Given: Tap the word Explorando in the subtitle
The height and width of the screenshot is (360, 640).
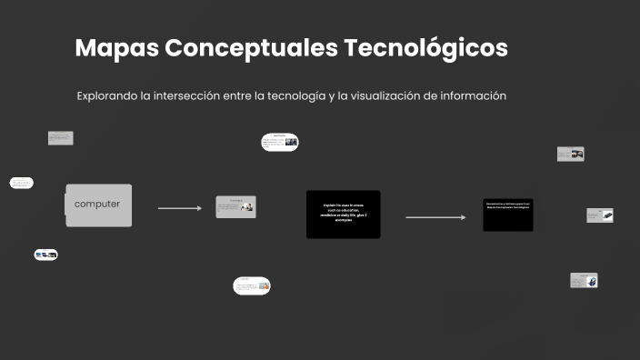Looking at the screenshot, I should (107, 95).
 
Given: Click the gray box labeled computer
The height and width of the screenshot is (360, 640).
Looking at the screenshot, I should (98, 205).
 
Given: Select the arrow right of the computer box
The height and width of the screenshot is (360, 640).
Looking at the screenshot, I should (180, 208).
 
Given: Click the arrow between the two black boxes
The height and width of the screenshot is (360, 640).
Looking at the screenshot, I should (435, 217).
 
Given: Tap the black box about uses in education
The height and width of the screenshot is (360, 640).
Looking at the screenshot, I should (343, 214).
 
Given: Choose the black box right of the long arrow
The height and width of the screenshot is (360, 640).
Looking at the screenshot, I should (507, 215).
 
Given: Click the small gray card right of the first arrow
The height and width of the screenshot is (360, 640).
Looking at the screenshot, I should (235, 206).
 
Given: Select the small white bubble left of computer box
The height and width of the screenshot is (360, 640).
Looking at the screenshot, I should (21, 183).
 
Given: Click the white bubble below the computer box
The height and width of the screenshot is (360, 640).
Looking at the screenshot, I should (46, 255).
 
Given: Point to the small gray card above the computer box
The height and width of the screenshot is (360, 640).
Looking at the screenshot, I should (61, 138).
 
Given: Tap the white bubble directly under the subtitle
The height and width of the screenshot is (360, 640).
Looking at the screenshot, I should (280, 142).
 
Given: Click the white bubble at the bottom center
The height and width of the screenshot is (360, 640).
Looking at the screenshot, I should (252, 285).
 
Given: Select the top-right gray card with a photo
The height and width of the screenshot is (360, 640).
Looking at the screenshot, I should (570, 155).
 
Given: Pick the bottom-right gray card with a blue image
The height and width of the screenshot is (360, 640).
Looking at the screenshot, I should (584, 280).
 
